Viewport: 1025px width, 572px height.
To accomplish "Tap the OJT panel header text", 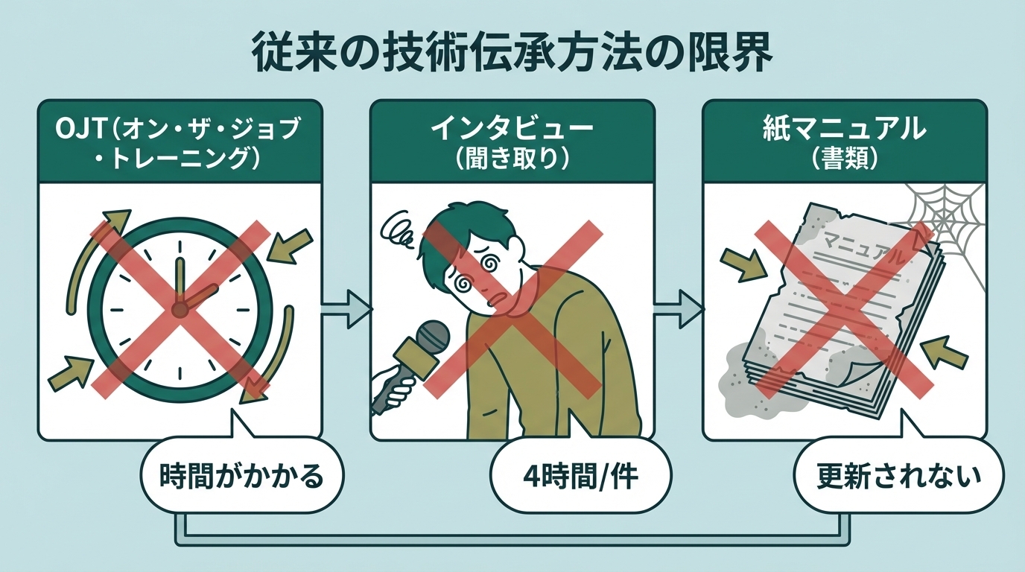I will click(x=179, y=142).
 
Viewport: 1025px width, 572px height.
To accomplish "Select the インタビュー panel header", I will click(x=512, y=142).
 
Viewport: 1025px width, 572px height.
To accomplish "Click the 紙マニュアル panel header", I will click(x=844, y=142).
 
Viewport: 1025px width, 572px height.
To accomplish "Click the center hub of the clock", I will click(x=179, y=307).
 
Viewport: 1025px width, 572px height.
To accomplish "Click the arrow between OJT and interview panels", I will click(x=346, y=307).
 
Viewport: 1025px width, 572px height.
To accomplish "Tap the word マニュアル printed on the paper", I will click(x=864, y=250).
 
